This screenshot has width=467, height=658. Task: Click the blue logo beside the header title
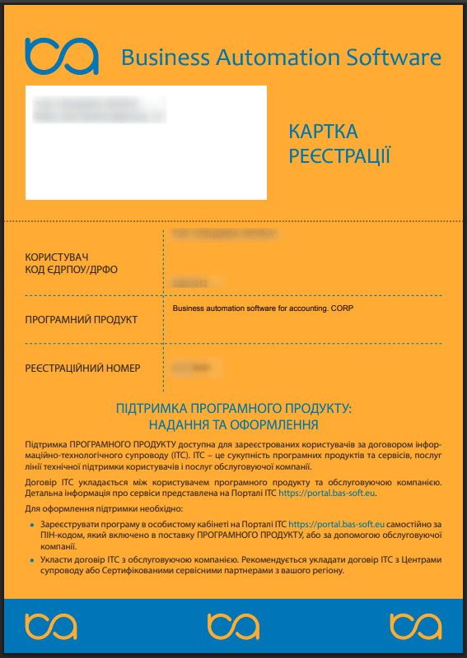click(62, 56)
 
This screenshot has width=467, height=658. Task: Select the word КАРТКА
click(323, 132)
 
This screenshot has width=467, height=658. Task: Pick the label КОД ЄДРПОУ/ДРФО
click(78, 270)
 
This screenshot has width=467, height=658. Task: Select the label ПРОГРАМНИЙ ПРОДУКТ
click(82, 319)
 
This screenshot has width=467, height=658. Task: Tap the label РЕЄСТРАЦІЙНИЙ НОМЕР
click(83, 368)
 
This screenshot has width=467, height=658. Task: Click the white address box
click(146, 142)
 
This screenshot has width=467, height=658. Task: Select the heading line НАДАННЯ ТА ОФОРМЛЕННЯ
click(234, 424)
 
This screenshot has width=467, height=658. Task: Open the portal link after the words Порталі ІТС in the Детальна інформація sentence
click(328, 493)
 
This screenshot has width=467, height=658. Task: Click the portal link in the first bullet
click(337, 522)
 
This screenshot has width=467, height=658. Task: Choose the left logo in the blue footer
click(51, 626)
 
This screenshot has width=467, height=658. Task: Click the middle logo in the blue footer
click(233, 626)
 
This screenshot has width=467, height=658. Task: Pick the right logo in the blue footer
click(415, 626)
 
